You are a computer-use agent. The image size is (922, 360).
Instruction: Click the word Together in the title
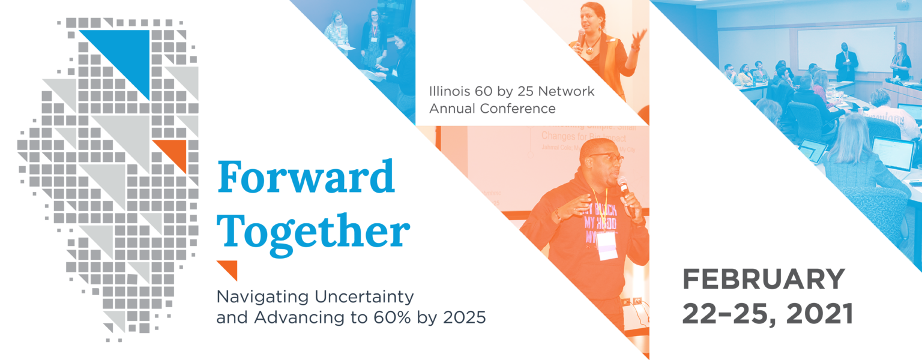pyautogui.click(x=313, y=233)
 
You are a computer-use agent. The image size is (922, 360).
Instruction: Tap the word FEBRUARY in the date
pyautogui.click(x=764, y=280)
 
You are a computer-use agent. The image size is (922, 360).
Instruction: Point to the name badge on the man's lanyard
pyautogui.click(x=607, y=245)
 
